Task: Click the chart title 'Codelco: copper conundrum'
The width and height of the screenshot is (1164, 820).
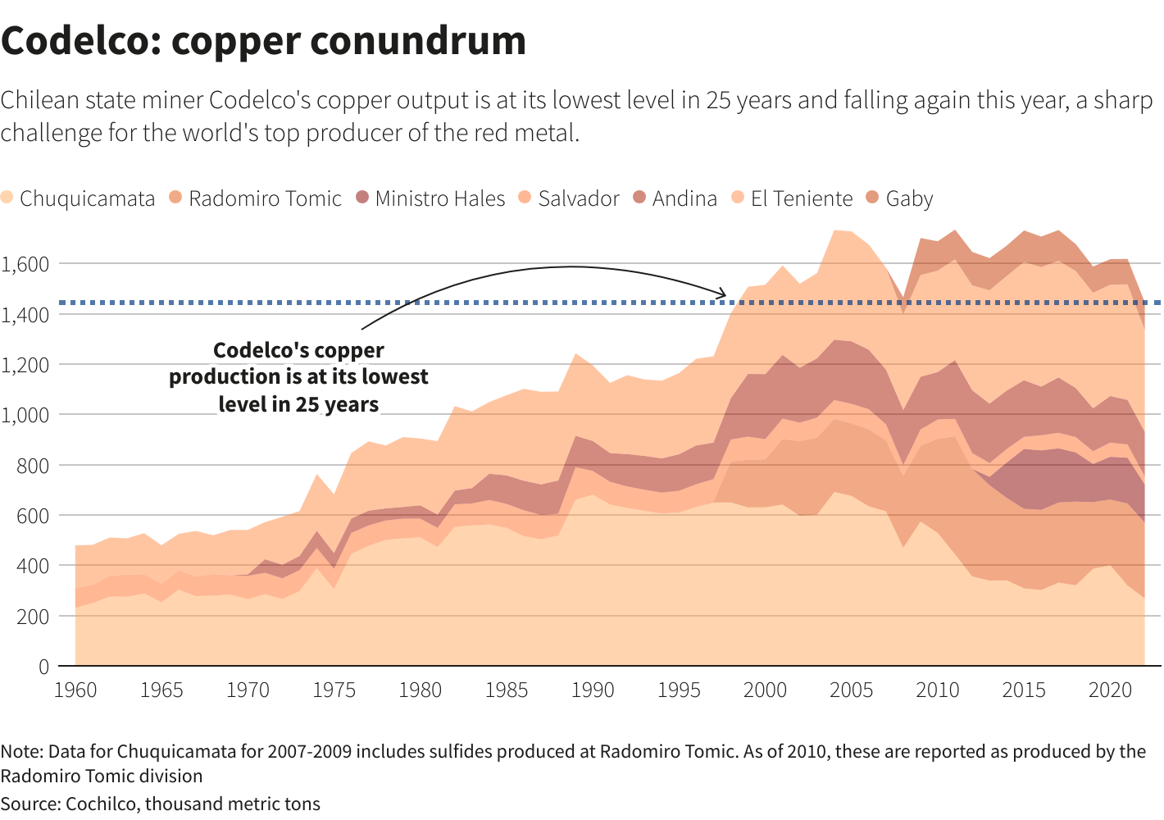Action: (x=263, y=41)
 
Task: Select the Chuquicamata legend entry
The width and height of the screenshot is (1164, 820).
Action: (x=78, y=198)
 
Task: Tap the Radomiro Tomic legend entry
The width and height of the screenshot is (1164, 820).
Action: (x=255, y=198)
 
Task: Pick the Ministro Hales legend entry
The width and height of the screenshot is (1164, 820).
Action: (x=430, y=198)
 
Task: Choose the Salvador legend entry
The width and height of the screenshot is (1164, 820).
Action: (x=569, y=198)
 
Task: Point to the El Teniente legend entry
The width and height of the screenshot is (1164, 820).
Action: (x=791, y=198)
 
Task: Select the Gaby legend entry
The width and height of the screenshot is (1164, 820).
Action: (x=899, y=198)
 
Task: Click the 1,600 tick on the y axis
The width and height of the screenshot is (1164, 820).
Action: (x=25, y=264)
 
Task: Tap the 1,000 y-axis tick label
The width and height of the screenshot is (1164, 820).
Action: (x=25, y=415)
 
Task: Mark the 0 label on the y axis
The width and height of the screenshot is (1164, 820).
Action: (x=43, y=667)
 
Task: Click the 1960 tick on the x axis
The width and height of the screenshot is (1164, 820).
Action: (x=75, y=690)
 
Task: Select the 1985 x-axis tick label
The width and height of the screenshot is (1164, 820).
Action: (x=507, y=690)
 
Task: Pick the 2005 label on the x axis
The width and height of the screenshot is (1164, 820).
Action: (x=851, y=690)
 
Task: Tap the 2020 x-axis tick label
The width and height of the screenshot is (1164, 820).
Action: (x=1110, y=690)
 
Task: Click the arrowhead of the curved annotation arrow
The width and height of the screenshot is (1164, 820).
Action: (x=724, y=294)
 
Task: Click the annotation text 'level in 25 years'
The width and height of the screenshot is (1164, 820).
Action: (x=298, y=404)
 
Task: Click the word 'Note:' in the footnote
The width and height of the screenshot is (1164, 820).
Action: (x=22, y=752)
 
